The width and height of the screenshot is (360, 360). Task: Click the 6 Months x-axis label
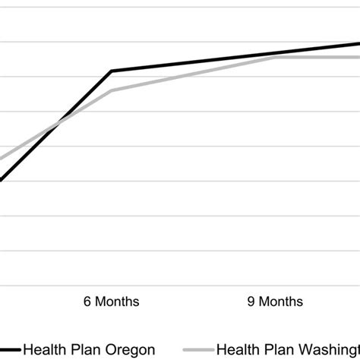click(111, 302)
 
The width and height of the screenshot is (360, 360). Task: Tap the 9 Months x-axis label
click(275, 302)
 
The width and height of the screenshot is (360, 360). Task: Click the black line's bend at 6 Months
click(112, 71)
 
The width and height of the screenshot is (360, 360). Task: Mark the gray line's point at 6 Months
click(112, 91)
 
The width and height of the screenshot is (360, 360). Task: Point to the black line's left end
click(2, 180)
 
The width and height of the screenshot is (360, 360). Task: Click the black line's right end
click(358, 43)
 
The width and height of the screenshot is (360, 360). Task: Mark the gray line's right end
click(358, 57)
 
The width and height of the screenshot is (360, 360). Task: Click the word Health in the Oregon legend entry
click(43, 350)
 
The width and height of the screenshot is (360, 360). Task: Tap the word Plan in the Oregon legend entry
click(83, 350)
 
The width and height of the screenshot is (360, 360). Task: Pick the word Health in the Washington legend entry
click(237, 350)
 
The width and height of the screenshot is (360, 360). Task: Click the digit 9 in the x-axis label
click(251, 302)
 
